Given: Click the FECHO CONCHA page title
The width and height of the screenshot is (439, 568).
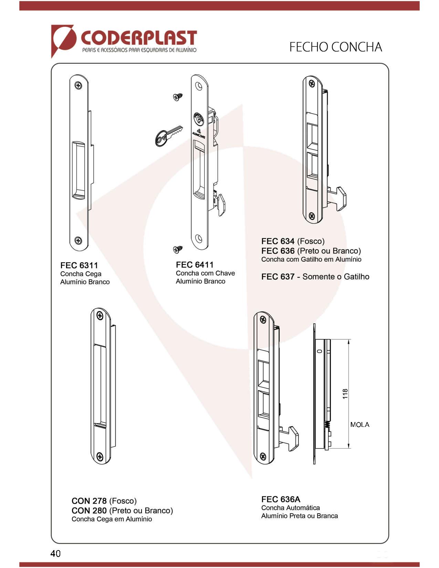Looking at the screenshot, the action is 335,47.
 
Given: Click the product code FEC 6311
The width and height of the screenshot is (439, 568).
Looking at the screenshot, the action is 79,265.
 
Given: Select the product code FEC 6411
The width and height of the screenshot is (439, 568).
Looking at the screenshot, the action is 195,265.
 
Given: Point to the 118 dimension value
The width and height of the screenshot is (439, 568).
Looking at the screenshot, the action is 345,394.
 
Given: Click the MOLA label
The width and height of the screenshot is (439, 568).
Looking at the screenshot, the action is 360,425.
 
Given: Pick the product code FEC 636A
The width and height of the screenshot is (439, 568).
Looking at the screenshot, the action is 281,499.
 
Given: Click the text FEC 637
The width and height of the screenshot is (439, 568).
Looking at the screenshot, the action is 278,276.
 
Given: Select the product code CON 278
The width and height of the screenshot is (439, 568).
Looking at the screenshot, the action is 89,501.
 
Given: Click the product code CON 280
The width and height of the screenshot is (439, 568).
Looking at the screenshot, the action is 89,511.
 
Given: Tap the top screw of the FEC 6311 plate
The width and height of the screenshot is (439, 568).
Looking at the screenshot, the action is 78,85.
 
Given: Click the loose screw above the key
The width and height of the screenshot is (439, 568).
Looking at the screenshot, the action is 178,97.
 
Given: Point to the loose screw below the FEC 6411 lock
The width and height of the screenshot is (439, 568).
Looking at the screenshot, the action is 178,249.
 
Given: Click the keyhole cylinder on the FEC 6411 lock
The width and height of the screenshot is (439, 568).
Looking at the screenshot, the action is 199,119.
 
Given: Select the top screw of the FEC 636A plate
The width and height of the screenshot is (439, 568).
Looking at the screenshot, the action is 263,319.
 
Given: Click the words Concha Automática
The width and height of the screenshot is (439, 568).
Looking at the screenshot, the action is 290,508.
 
